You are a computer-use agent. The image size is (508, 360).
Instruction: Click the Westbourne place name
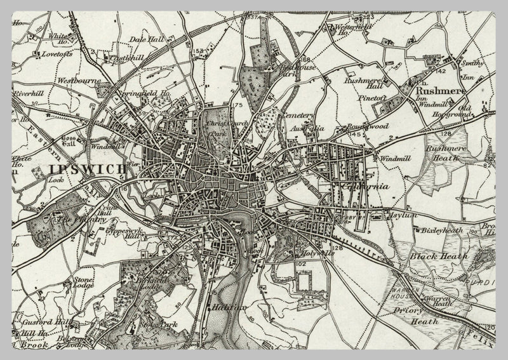pyautogui.click(x=76, y=81)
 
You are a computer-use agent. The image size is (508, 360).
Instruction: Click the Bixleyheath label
pyautogui.click(x=443, y=230)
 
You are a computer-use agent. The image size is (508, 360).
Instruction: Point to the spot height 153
pyautogui.click(x=199, y=51)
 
